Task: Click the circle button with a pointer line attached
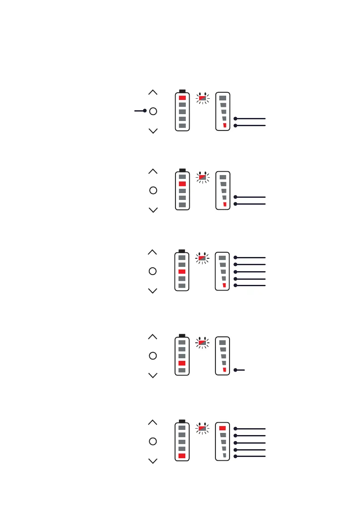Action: coord(153,111)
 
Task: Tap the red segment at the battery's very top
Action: coord(182,98)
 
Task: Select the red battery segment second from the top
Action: coord(182,184)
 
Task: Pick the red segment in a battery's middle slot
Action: coord(182,272)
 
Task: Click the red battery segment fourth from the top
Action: coord(182,363)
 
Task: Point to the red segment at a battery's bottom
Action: coord(182,456)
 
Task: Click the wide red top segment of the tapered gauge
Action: coord(222,428)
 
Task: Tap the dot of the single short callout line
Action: coord(236,370)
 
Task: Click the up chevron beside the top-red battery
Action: coord(153,92)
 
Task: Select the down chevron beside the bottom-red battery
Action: coord(153,461)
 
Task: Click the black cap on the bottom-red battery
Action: coord(182,421)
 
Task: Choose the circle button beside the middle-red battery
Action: coord(153,271)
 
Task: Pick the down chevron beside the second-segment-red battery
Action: coord(153,210)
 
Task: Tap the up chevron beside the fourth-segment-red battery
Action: coord(153,337)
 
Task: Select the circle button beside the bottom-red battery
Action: coord(153,441)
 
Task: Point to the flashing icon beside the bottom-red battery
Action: coord(203,428)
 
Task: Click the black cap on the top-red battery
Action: coord(182,91)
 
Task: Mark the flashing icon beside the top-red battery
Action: coord(203,98)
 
